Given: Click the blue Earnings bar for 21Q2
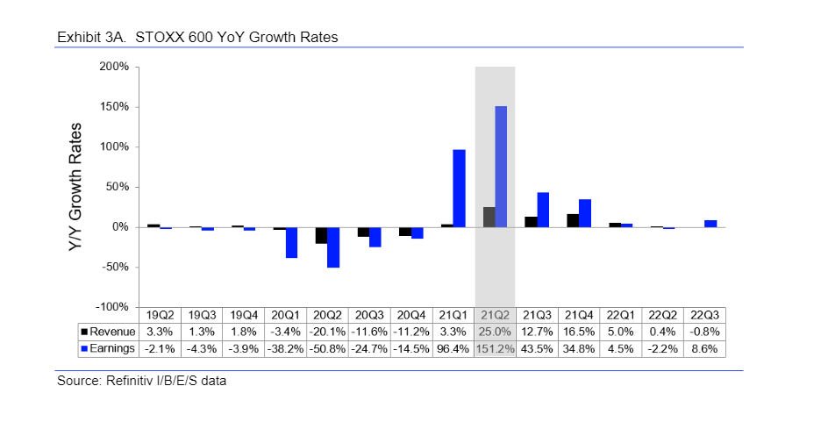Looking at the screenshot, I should coord(501,167).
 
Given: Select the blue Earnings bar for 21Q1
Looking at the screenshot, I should coord(459,189).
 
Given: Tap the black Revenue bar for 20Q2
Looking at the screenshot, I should coord(322,235).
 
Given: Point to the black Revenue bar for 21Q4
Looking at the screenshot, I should coord(573,220).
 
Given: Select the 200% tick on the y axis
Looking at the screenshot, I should coord(112,67).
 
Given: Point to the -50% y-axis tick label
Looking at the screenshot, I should coord(112,267).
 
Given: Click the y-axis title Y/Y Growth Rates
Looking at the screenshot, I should coord(76,187).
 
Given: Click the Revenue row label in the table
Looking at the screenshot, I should coord(109,332).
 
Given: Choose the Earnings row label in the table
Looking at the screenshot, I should coord(109,349).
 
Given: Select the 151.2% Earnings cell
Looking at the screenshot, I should coord(495,349).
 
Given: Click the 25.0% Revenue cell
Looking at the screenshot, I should coord(495,332).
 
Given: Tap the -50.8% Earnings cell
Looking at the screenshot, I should coord(327,349).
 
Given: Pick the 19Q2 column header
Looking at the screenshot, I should coord(160,314).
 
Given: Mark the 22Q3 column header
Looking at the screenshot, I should coord(703,314).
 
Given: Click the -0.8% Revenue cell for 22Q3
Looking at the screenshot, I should coord(703,332).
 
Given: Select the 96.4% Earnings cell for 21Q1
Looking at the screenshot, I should coord(453,349).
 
